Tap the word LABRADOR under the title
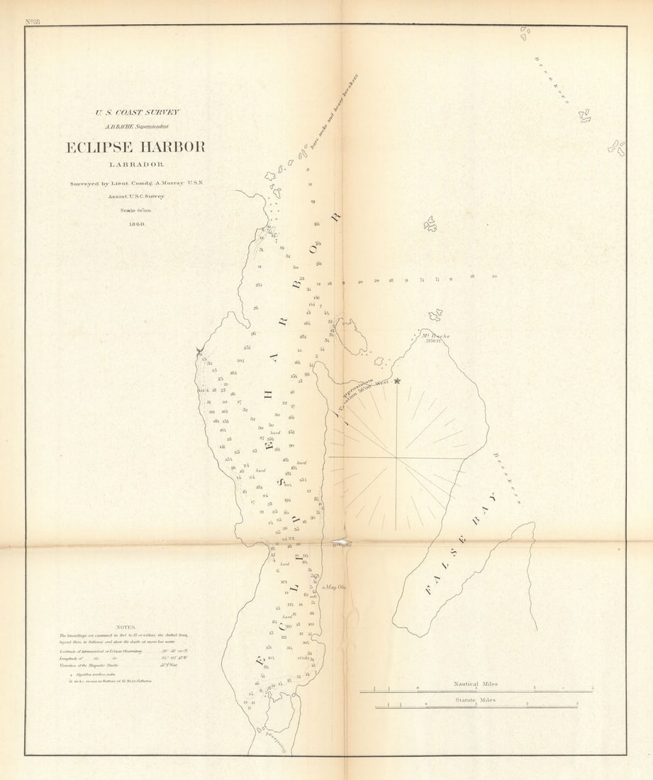(x=136, y=165)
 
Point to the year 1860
(x=136, y=223)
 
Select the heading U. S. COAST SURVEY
(x=138, y=112)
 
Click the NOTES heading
(x=125, y=627)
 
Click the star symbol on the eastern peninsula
(x=397, y=381)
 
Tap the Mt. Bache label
(x=435, y=336)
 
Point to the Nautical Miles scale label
(x=476, y=684)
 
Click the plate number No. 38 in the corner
(x=32, y=22)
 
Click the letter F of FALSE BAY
(x=430, y=588)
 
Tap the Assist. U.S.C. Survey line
(x=136, y=196)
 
